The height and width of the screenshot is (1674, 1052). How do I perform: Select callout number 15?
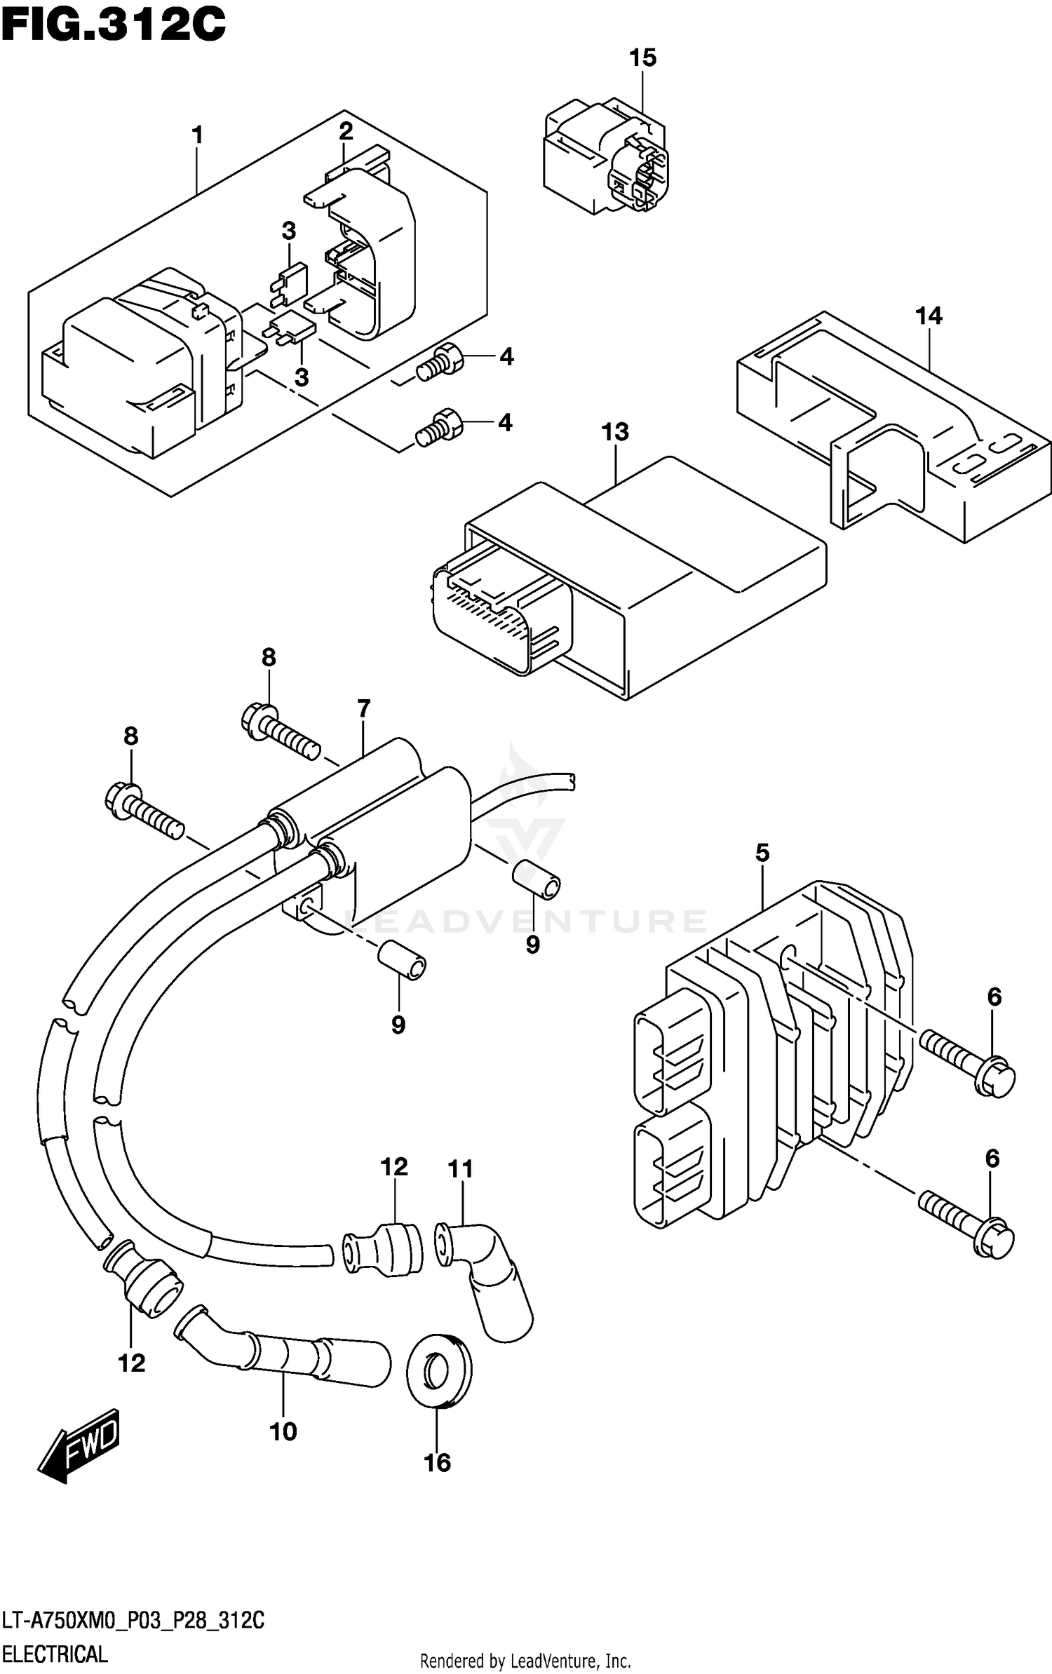pyautogui.click(x=642, y=58)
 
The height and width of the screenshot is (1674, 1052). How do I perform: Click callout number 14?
pyautogui.click(x=929, y=316)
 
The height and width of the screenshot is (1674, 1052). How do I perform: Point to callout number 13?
pyautogui.click(x=614, y=432)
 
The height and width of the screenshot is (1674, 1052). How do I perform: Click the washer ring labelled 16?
pyautogui.click(x=440, y=1371)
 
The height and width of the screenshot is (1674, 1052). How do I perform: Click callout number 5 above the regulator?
pyautogui.click(x=762, y=853)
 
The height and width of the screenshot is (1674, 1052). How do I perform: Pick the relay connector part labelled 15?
pyautogui.click(x=605, y=158)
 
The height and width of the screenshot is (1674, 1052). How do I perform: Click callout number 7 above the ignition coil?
pyautogui.click(x=363, y=708)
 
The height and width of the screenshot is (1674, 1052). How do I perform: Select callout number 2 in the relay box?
pyautogui.click(x=346, y=131)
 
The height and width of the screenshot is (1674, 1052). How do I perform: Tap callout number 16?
pyautogui.click(x=437, y=1462)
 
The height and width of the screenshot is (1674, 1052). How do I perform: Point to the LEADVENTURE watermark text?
pyautogui.click(x=526, y=921)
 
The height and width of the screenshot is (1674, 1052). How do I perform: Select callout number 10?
pyautogui.click(x=283, y=1431)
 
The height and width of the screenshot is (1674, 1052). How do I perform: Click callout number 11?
pyautogui.click(x=461, y=1169)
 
